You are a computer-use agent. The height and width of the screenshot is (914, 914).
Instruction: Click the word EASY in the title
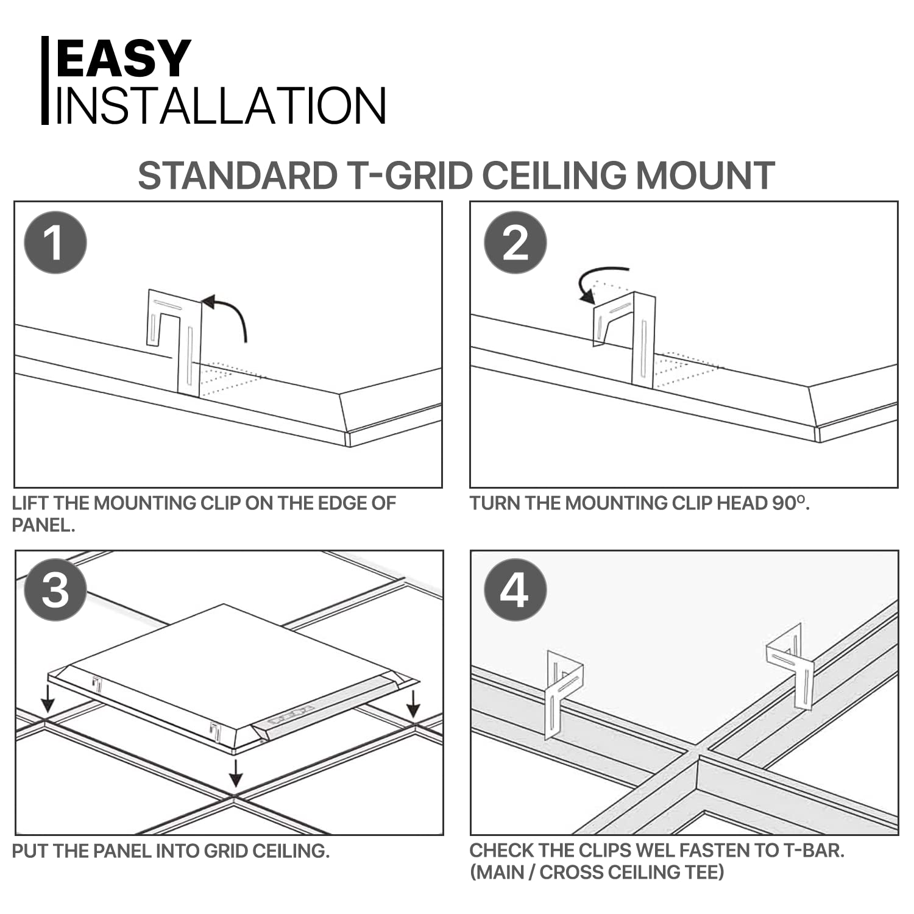click(x=124, y=58)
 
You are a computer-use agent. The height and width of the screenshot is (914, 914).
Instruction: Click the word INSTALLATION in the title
click(x=221, y=106)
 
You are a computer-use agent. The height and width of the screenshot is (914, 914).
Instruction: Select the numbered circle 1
click(x=55, y=243)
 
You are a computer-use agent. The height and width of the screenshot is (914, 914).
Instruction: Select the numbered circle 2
click(x=515, y=243)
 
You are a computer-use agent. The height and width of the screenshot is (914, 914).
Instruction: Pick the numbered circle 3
click(x=55, y=590)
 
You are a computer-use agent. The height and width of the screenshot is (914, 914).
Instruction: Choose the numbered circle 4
click(x=515, y=590)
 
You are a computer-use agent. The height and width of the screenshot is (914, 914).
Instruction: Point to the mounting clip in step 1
click(x=183, y=341)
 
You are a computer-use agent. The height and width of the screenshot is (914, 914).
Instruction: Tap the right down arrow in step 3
click(x=413, y=704)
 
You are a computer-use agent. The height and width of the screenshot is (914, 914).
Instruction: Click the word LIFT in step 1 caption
click(x=30, y=503)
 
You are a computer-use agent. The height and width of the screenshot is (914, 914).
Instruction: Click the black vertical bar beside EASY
click(x=44, y=80)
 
